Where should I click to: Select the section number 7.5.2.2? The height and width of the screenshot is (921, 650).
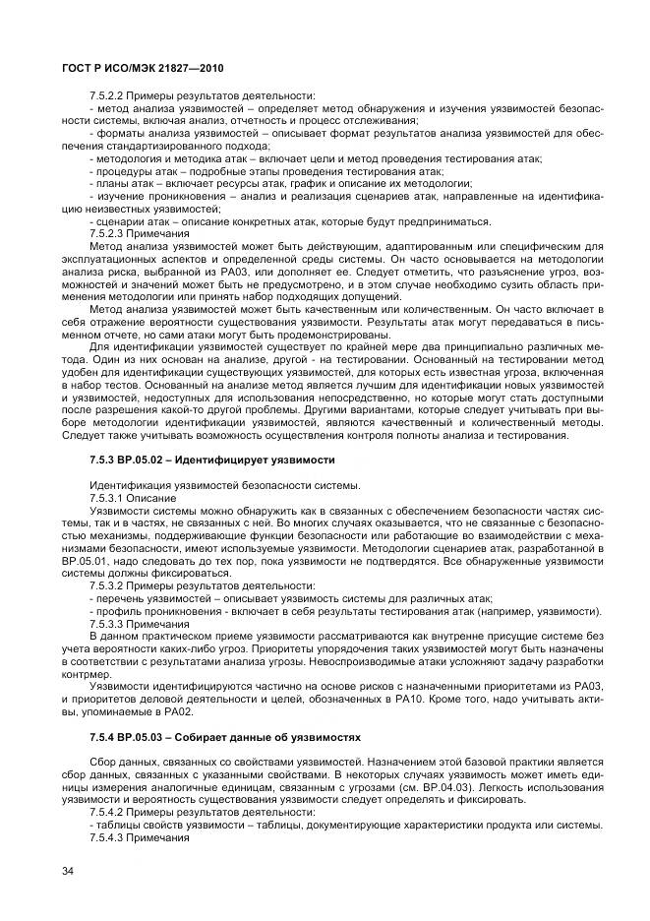tap(106, 95)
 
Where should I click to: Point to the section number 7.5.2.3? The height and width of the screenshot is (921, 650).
tap(106, 234)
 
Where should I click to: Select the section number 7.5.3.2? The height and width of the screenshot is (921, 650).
tap(106, 585)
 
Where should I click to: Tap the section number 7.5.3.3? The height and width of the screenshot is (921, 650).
tap(106, 624)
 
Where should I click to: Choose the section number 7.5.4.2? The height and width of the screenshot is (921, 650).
tap(106, 813)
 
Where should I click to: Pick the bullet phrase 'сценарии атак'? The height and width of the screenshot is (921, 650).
tap(122, 221)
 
